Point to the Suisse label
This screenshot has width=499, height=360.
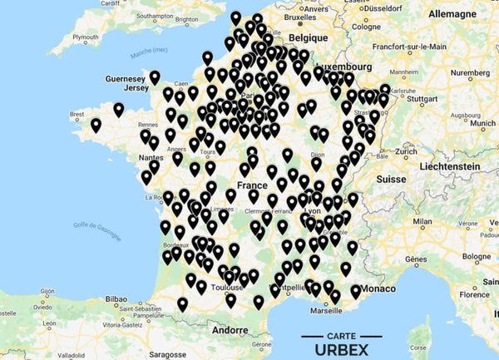click(390, 179)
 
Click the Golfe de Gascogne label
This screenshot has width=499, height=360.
click(96, 225)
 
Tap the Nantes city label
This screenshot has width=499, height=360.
click(151, 157)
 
